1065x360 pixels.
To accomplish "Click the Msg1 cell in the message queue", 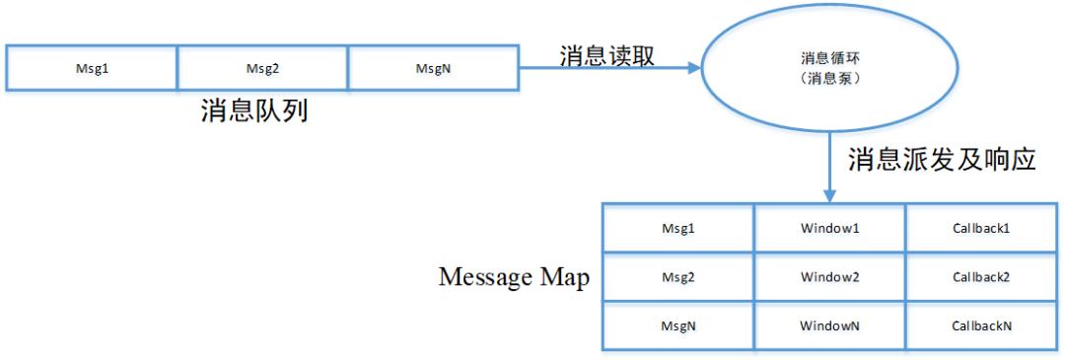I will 92,68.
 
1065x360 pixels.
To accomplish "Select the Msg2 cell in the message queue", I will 263,68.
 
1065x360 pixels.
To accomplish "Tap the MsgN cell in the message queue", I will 434,68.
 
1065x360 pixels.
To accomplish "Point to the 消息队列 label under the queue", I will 254,109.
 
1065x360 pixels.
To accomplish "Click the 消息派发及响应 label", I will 942,160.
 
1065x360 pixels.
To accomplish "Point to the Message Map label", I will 514,277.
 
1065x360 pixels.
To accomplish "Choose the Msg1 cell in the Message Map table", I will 678,229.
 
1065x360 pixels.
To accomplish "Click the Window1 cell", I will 830,229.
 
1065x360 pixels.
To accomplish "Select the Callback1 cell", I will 981,229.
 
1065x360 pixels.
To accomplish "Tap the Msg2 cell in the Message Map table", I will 678,277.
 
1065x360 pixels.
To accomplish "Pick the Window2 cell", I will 830,277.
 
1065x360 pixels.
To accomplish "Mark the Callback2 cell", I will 981,277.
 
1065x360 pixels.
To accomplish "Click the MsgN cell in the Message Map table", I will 678,324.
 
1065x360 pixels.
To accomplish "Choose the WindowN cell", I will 830,324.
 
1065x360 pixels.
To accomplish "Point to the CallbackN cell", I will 981,324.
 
